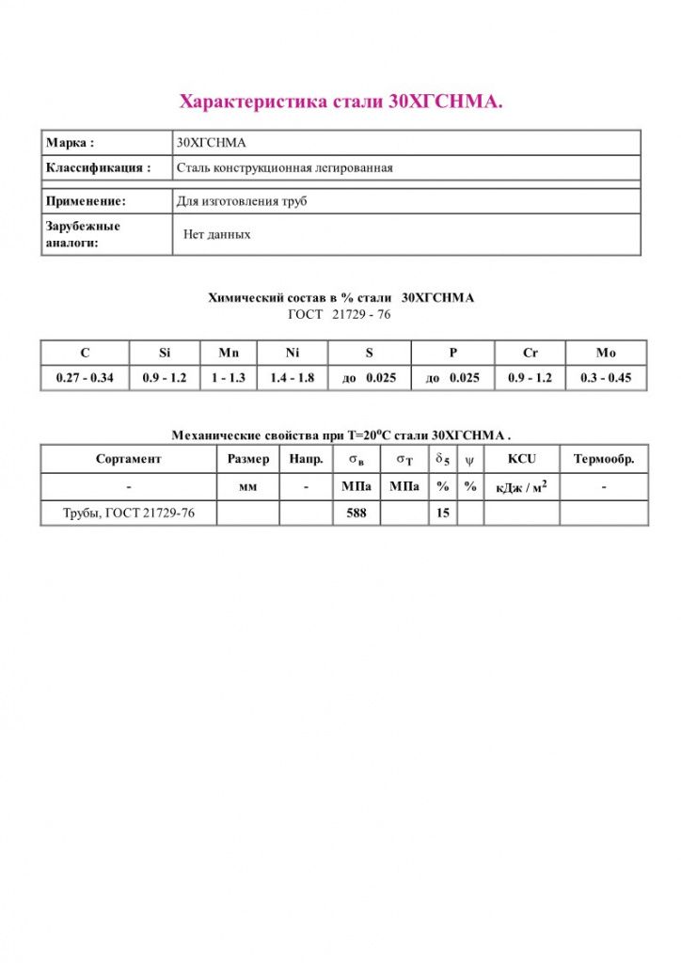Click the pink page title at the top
(340, 102)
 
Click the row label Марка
(71, 143)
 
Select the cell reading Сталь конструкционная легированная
(284, 168)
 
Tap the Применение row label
(86, 201)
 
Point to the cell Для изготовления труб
(242, 201)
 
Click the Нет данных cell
(217, 234)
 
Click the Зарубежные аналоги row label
(83, 234)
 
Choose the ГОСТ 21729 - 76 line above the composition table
(340, 314)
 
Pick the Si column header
(165, 353)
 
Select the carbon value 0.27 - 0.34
(85, 378)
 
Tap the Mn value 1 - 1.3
(229, 378)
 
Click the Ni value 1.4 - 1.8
(292, 378)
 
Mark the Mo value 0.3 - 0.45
(606, 378)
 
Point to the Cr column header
(531, 353)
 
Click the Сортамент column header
(129, 459)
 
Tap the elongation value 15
(442, 513)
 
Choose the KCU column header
(521, 459)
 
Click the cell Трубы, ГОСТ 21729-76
(129, 513)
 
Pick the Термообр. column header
(604, 459)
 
